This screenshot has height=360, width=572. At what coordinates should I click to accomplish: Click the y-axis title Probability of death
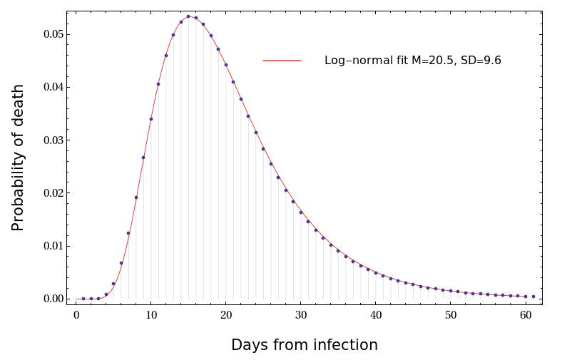[x=19, y=158]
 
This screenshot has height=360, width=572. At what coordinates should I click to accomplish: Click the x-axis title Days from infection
[x=305, y=346]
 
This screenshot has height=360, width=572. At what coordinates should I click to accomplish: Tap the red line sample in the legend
[x=282, y=61]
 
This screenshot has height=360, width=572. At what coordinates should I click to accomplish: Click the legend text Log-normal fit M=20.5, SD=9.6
[x=412, y=61]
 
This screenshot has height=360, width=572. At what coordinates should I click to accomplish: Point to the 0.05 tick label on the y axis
[x=53, y=34]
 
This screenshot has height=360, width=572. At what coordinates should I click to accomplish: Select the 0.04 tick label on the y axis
[x=53, y=87]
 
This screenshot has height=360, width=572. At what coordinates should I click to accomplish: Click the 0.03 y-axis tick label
[x=53, y=140]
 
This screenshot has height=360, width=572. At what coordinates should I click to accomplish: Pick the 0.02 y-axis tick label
[x=53, y=193]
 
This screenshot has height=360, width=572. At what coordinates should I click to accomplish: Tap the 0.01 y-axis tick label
[x=53, y=246]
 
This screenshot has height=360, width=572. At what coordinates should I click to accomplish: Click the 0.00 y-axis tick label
[x=53, y=299]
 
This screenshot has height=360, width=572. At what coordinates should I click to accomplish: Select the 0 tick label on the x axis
[x=76, y=316]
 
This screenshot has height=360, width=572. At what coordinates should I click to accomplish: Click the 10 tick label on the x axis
[x=151, y=316]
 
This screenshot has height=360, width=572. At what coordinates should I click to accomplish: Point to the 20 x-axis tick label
[x=226, y=316]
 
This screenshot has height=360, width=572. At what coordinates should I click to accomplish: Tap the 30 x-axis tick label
[x=301, y=316]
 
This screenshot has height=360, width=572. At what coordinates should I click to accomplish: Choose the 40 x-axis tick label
[x=376, y=316]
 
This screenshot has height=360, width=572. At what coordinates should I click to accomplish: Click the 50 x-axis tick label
[x=451, y=316]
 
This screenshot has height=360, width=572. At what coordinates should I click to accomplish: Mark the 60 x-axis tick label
[x=526, y=316]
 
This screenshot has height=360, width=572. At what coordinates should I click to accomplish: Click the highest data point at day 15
[x=188, y=16]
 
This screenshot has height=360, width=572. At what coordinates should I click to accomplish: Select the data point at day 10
[x=151, y=119]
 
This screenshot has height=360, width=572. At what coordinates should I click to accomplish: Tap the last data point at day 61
[x=533, y=297]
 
